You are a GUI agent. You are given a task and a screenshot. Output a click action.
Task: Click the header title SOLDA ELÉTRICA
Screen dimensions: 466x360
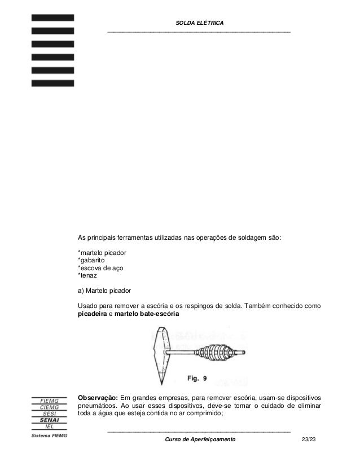(200, 22)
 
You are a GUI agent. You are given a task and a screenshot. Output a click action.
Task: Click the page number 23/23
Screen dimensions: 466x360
(310, 439)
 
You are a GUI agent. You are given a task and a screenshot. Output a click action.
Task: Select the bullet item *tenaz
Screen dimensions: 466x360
(88, 276)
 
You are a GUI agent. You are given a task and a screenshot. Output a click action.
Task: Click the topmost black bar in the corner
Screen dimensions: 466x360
(52, 17)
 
